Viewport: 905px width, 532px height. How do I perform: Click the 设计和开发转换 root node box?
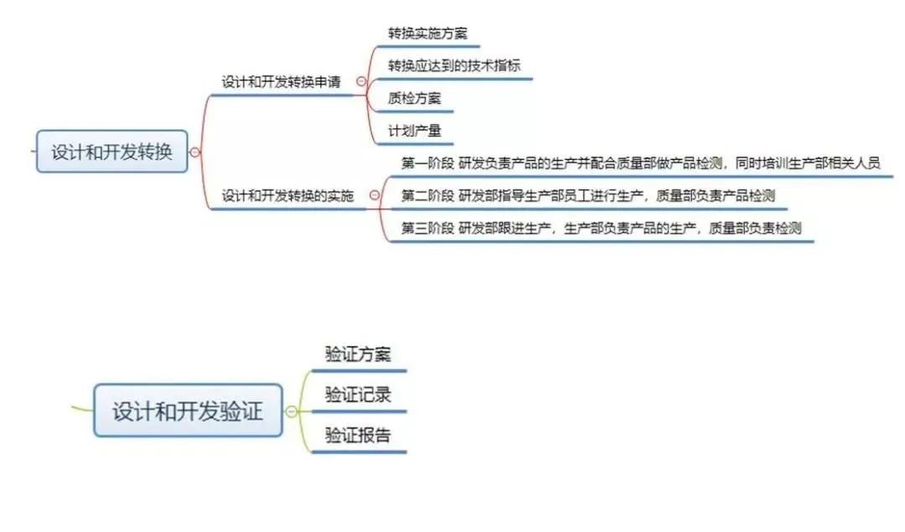point(111,152)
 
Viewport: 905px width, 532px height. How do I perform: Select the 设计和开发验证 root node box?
point(188,411)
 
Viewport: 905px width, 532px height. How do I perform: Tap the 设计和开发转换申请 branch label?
point(281,82)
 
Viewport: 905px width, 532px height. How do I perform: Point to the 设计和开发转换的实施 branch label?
point(287,196)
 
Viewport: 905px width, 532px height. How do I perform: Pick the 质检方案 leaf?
point(414,98)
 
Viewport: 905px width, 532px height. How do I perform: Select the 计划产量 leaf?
point(414,131)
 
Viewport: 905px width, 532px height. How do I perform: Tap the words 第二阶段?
point(427,196)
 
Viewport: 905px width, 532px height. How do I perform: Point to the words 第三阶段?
point(427,228)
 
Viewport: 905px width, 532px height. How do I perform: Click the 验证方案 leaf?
point(358,354)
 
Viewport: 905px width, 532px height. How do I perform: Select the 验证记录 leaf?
point(358,395)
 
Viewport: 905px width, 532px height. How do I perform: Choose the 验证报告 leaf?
point(358,436)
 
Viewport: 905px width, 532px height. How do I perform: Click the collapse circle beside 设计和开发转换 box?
point(195,152)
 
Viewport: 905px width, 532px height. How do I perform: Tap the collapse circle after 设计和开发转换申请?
point(361,82)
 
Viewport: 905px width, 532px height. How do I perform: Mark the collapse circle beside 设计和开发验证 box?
point(291,411)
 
